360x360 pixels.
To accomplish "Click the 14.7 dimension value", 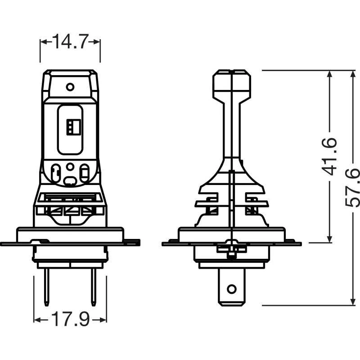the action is coord(70,41).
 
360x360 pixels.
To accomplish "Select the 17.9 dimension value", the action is coord(70,319).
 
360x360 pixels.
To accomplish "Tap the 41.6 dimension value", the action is coord(329,157).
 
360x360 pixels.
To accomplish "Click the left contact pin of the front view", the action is coord(47,287).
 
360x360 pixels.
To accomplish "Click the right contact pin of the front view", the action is coord(94,287).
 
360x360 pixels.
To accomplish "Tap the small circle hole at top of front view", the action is coord(70,87).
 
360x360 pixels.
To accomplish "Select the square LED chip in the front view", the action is coord(73,127).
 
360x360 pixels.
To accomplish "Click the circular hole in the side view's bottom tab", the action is coord(231,289).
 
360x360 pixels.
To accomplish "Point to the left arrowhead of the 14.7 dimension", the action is coord(43,42).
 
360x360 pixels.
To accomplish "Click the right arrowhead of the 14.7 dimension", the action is coord(97,42).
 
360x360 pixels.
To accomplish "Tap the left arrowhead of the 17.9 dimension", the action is coord(37,319).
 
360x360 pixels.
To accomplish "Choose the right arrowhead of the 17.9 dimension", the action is coord(103,319).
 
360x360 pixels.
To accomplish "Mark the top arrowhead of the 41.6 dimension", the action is coord(329,74).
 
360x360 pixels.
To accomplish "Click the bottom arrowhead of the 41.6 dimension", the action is coord(329,239).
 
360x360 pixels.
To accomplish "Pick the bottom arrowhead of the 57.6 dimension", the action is coord(353,302).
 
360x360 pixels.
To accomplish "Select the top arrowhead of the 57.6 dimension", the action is coord(353,74).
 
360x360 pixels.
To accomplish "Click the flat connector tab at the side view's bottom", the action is coord(231,287).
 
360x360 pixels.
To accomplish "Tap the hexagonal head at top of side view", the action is coord(232,84).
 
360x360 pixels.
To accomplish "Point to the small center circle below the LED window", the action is coord(70,166).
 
